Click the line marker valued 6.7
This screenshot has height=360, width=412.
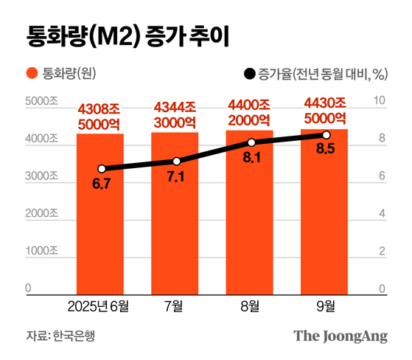tap(102, 169)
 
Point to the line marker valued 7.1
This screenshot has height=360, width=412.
tap(176, 161)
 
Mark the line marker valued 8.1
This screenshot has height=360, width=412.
tap(251, 142)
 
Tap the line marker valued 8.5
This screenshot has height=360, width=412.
tap(326, 135)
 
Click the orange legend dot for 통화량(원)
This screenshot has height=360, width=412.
tap(31, 74)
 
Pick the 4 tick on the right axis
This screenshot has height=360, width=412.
tap(382, 214)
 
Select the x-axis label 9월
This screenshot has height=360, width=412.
tap(325, 305)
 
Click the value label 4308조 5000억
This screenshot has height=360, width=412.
tap(101, 120)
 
